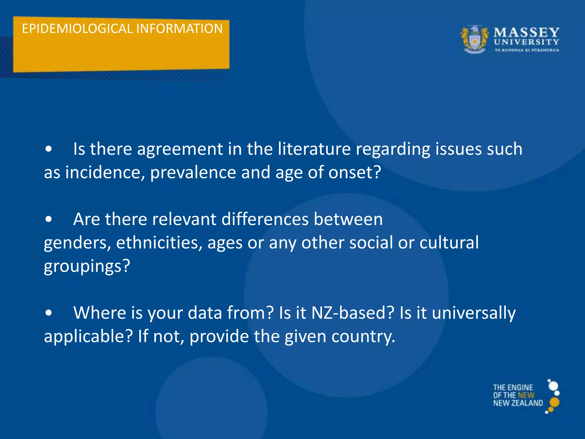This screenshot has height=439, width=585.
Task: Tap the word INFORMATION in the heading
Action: click(179, 29)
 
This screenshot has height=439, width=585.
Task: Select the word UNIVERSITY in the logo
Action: click(526, 42)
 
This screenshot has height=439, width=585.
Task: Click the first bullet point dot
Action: click(49, 149)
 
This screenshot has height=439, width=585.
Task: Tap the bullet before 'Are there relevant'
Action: click(49, 219)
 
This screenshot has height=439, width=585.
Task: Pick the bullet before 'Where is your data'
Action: click(49, 313)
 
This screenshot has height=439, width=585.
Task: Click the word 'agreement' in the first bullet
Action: click(180, 149)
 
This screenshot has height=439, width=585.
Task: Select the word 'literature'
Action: click(314, 149)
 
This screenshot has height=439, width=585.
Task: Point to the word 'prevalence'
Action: click(193, 173)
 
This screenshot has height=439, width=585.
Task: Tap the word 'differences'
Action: click(265, 219)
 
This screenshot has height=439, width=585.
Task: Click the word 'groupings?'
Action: click(87, 266)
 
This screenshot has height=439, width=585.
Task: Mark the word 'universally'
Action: click(474, 313)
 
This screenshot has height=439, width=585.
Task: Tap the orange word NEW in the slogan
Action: click(526, 395)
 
